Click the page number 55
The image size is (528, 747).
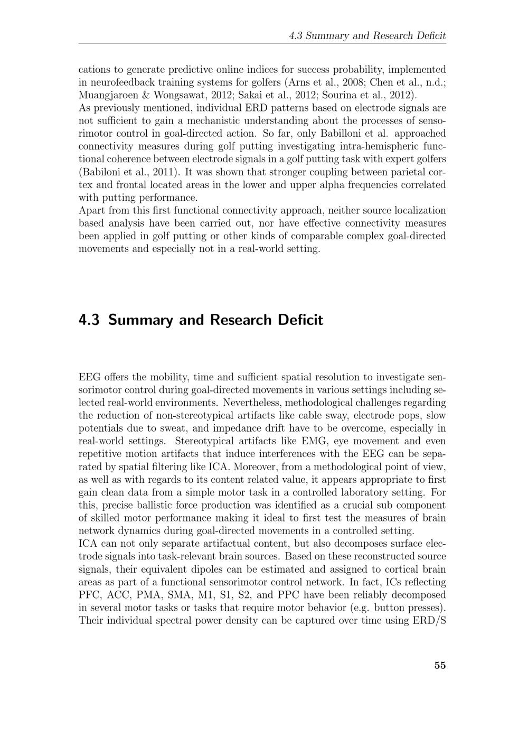tap(440, 665)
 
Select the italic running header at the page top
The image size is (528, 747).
tap(367, 36)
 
